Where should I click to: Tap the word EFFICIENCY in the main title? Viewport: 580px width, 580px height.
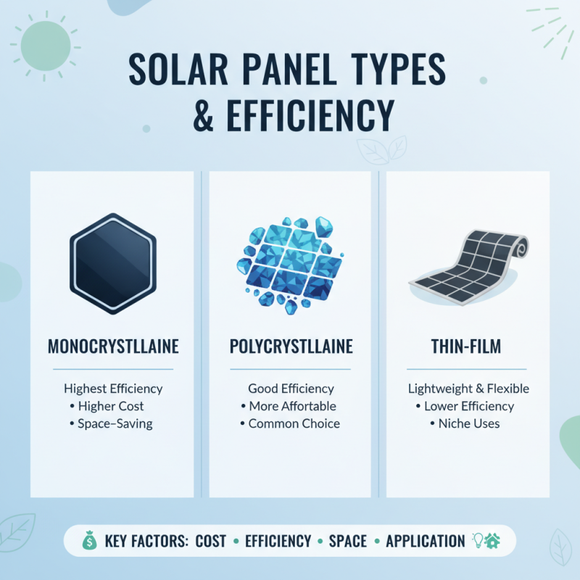click(x=297, y=116)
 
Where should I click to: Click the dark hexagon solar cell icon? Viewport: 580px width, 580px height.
click(x=112, y=263)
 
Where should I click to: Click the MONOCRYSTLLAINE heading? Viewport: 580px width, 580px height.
click(x=112, y=347)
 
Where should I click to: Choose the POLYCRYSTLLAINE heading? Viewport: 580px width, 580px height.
click(x=290, y=347)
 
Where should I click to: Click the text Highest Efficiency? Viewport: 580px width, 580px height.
click(x=112, y=388)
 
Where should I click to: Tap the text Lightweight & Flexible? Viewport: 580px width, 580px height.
click(x=468, y=388)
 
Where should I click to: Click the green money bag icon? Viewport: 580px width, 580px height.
click(x=91, y=541)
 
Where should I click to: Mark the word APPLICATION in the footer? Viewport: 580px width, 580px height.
click(x=426, y=541)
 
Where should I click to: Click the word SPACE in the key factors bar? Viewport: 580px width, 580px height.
click(x=348, y=541)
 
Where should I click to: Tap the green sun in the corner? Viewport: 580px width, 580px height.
click(x=45, y=45)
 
